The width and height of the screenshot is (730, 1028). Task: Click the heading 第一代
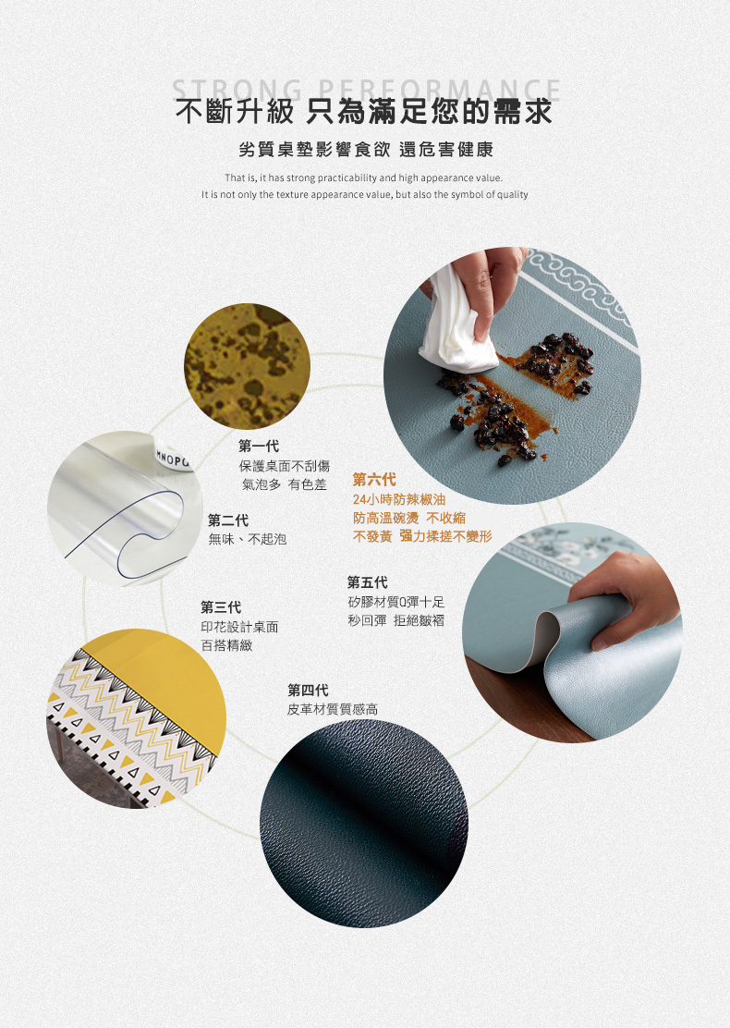(x=259, y=446)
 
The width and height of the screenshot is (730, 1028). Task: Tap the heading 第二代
(x=228, y=520)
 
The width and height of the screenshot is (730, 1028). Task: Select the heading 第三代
(x=221, y=606)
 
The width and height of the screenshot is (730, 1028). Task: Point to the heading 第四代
(x=308, y=690)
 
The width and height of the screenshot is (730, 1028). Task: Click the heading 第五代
(x=367, y=581)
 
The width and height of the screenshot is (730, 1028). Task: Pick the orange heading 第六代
(x=374, y=479)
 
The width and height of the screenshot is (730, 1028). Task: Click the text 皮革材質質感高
(x=332, y=709)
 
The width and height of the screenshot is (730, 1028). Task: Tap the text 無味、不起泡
(x=248, y=538)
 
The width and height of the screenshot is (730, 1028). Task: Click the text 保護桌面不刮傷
(x=284, y=466)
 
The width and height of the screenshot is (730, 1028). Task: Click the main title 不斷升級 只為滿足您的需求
(x=365, y=112)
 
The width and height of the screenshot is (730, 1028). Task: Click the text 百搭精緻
(x=226, y=645)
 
